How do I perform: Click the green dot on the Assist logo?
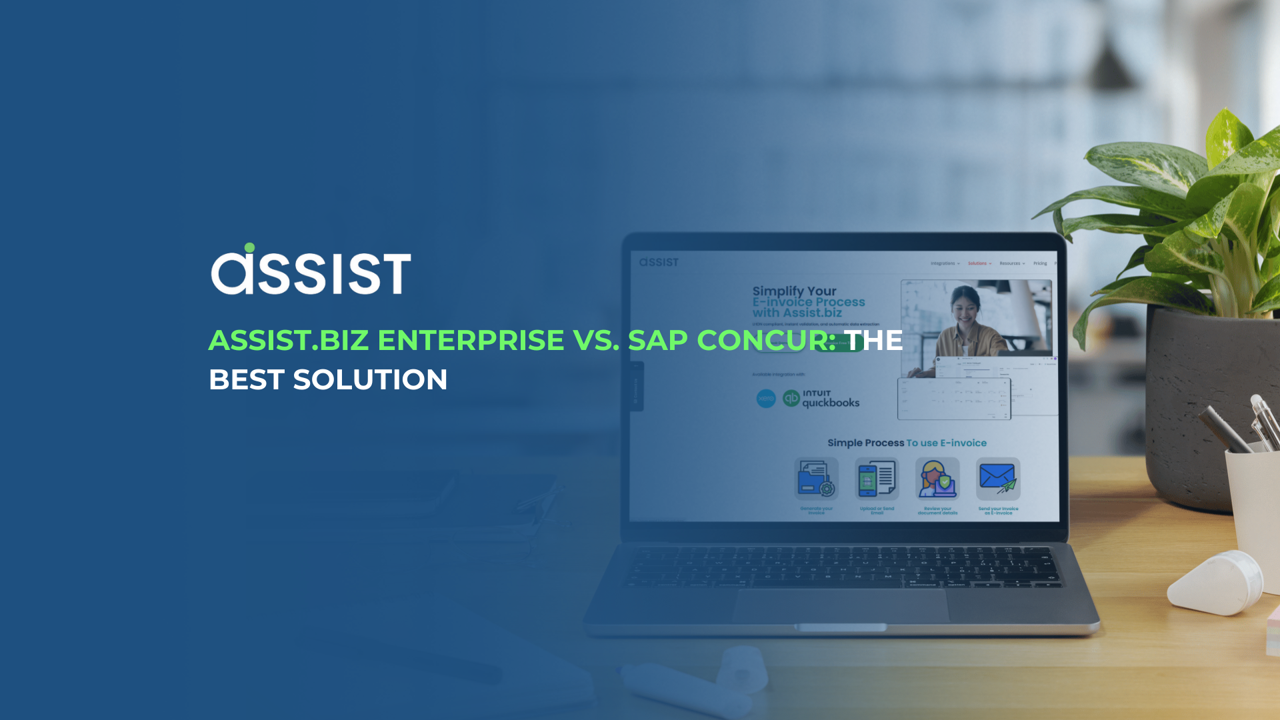coord(249,248)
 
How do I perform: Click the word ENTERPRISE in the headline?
coord(471,340)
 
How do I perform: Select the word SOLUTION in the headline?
coord(370,380)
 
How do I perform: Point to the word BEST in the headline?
coord(247,380)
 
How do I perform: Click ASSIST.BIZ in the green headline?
coord(289,340)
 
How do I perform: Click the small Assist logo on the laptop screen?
coord(659,262)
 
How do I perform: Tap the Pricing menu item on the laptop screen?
coord(1039,263)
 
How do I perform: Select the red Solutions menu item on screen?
coord(977,263)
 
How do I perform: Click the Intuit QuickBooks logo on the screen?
coord(821,399)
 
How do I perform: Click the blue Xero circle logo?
coord(766,399)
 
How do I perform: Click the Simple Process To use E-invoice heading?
coord(907,443)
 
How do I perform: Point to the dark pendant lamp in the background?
coord(1108,63)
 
